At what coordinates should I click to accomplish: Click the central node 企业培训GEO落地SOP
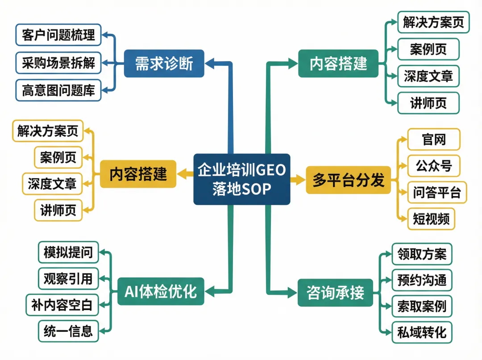click(241, 179)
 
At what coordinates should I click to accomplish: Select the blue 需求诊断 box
click(164, 63)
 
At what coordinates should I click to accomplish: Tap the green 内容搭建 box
click(338, 63)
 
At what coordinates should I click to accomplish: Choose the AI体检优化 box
click(160, 292)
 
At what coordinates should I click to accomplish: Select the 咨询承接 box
click(335, 293)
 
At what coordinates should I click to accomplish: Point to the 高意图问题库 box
click(58, 90)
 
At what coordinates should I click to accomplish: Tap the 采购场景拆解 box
click(58, 63)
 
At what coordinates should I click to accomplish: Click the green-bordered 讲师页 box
click(428, 103)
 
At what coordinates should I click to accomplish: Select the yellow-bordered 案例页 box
click(58, 157)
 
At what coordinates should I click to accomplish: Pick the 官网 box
click(434, 140)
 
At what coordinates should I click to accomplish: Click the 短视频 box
click(431, 219)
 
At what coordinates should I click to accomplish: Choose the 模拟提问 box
click(68, 252)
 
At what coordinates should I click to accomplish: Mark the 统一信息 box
click(68, 331)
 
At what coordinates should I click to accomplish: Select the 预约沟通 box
click(421, 280)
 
